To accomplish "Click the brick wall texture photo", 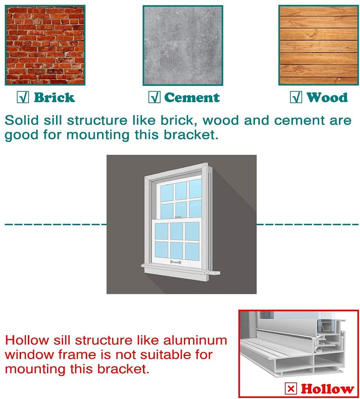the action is click(45, 45).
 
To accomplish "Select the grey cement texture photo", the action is click(183, 45).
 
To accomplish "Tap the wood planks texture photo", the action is click(319, 45).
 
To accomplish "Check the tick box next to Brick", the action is click(23, 97).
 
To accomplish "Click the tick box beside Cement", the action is click(154, 97).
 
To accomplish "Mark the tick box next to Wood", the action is click(296, 97).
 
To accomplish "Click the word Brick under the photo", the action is click(54, 98).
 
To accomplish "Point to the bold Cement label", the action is click(192, 98).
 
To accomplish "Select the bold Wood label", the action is click(327, 98).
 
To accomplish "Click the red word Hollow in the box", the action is click(327, 389).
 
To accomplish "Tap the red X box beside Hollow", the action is click(291, 389).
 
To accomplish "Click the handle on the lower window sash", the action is click(175, 262).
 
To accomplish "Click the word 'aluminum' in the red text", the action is click(195, 340).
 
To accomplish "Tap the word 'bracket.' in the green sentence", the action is click(191, 134).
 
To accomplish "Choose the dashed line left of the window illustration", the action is click(56, 224).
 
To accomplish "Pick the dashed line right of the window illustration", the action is click(308, 224).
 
